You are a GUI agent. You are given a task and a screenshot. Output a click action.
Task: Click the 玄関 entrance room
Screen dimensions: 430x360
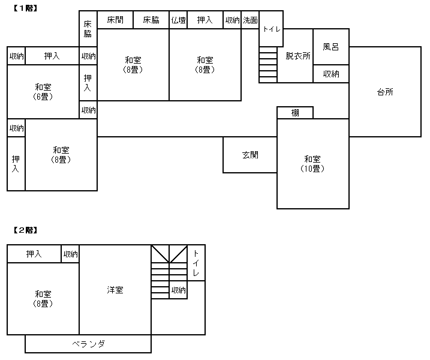click(250, 155)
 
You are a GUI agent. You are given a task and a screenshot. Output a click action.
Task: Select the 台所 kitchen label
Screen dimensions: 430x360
click(385, 92)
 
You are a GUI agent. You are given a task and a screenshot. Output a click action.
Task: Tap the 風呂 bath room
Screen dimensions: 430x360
click(331, 47)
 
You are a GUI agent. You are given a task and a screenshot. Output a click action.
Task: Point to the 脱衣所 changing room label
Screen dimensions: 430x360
click(298, 56)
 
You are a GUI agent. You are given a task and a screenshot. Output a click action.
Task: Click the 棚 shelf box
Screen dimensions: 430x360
click(295, 113)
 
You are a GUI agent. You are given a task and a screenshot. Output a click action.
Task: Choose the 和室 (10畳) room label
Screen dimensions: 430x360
click(312, 164)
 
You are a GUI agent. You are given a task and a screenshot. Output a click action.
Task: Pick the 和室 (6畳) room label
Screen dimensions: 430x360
click(43, 92)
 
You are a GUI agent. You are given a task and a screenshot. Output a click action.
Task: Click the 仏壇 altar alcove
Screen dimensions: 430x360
click(178, 20)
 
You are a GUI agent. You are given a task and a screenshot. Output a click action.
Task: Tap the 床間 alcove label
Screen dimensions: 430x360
click(115, 20)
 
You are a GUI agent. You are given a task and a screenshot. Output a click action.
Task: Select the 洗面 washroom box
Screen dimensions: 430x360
click(250, 20)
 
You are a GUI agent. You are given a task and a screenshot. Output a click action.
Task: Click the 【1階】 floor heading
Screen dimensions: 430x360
click(25, 8)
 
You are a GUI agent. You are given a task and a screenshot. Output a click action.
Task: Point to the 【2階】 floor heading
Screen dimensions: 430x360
click(25, 230)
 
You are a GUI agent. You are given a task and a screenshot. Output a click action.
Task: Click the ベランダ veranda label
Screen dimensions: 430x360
click(89, 344)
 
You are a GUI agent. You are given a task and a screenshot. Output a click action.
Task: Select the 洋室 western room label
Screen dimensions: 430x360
click(115, 290)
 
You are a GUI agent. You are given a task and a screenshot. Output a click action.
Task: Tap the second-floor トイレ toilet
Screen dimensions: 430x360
click(196, 263)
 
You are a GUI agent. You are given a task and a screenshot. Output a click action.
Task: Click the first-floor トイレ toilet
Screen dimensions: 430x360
click(271, 29)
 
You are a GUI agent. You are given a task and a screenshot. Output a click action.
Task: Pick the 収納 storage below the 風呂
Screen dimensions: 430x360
click(331, 74)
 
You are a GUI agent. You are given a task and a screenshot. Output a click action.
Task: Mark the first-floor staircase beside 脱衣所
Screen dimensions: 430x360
click(268, 65)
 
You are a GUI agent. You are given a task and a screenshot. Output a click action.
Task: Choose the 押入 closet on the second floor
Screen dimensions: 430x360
click(34, 254)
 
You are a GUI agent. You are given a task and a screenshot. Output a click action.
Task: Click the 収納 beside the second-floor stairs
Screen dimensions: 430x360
click(178, 290)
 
